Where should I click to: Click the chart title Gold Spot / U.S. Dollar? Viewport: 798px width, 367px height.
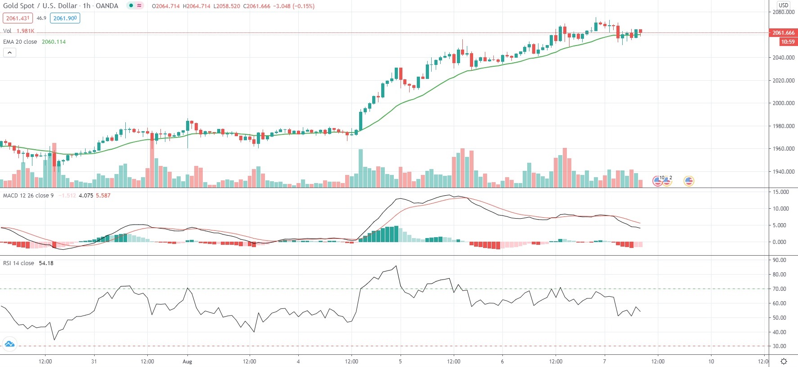(x=40, y=6)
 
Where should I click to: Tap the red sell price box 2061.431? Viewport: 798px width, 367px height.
(x=18, y=18)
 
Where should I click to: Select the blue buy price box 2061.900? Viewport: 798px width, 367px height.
(x=65, y=18)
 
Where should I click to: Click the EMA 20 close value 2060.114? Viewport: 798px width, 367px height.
(x=54, y=42)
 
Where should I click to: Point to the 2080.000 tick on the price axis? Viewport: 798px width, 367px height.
(x=784, y=12)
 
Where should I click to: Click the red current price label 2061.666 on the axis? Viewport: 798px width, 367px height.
(x=784, y=33)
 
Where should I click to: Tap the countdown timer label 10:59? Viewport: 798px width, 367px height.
(x=788, y=42)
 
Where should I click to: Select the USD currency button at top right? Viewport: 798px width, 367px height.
(x=784, y=5)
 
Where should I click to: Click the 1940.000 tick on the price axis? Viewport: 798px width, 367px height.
(x=784, y=172)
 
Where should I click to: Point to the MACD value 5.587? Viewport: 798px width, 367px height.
(x=103, y=196)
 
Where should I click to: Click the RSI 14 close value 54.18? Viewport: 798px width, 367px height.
(x=46, y=263)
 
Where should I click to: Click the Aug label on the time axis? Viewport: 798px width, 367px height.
(x=187, y=362)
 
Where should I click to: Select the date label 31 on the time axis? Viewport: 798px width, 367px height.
(x=94, y=362)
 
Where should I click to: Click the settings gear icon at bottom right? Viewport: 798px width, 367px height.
(x=784, y=362)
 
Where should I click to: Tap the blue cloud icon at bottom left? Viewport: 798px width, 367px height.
(x=9, y=344)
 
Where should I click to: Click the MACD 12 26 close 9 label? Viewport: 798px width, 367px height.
(x=28, y=196)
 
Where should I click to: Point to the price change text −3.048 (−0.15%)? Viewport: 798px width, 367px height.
(x=294, y=6)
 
